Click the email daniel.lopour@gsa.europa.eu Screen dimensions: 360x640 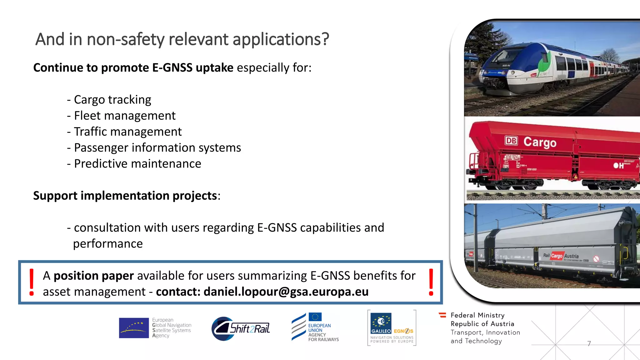(286, 292)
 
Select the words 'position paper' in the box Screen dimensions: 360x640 (93, 276)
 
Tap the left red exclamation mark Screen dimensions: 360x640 (32, 282)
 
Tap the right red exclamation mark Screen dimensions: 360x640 (431, 282)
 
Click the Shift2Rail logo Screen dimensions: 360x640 (241, 328)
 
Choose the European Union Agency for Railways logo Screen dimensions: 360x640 (315, 327)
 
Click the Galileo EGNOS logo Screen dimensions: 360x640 (392, 327)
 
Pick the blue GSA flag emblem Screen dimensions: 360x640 (134, 328)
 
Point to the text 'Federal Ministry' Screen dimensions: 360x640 (477, 315)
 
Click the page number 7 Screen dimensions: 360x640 (589, 344)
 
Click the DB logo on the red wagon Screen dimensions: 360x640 (511, 141)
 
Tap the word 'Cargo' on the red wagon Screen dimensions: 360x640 (540, 142)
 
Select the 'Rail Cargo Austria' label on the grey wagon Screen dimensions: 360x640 (561, 256)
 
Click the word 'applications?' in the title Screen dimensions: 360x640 (281, 40)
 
